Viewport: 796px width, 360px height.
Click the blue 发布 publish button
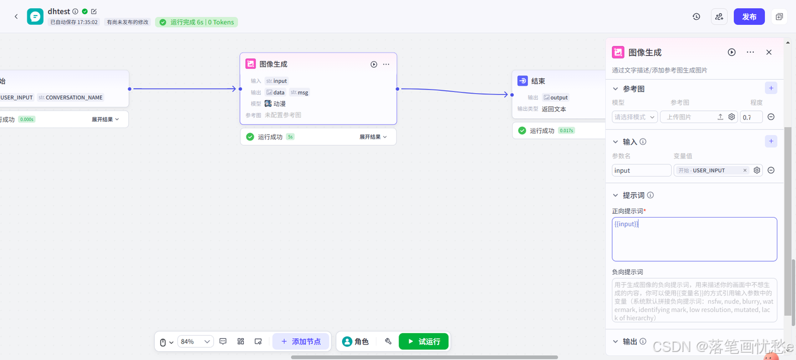(x=749, y=17)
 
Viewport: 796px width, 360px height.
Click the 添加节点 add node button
(x=301, y=341)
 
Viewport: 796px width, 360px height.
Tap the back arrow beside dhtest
(x=16, y=17)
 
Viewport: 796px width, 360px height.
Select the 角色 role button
(x=356, y=341)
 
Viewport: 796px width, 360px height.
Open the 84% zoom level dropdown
(x=195, y=341)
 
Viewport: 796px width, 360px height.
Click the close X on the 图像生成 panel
(x=769, y=52)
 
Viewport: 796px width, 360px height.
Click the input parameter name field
(x=641, y=170)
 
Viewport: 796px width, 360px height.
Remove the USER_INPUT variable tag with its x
(x=745, y=170)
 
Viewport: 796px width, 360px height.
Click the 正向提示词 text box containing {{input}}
(x=694, y=239)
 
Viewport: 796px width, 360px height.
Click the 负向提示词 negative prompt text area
(x=694, y=300)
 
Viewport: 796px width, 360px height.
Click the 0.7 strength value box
(x=751, y=117)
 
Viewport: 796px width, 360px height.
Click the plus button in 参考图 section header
(x=771, y=88)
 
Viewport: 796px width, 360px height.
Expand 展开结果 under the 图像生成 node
(x=373, y=137)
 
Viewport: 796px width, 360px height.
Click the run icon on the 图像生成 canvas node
(x=374, y=64)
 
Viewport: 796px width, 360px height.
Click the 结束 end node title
(x=538, y=81)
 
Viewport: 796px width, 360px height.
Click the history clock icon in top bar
(x=696, y=17)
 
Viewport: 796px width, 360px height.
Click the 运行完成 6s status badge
(x=197, y=22)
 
